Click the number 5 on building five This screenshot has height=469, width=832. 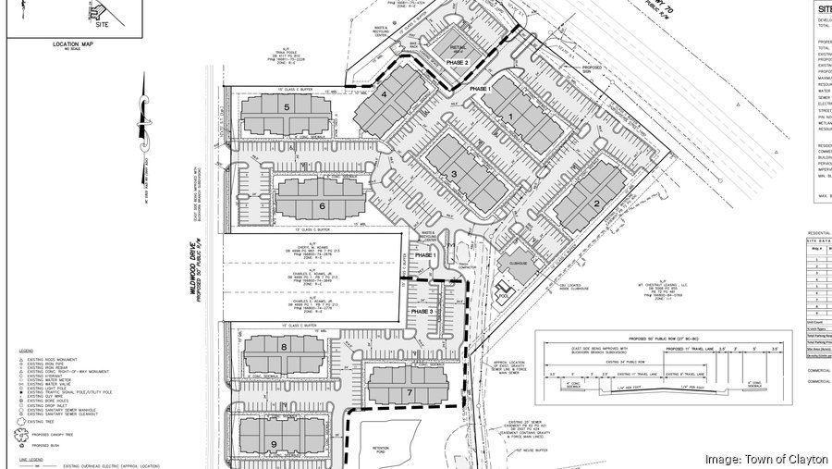288,108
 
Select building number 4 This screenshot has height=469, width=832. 384,93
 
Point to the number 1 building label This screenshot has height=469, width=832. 509,116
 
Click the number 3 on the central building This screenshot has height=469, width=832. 454,174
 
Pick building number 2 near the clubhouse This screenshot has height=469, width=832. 596,204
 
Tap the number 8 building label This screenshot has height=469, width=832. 285,346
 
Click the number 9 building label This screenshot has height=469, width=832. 275,444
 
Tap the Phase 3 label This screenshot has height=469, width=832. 422,313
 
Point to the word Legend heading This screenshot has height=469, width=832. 25,352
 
